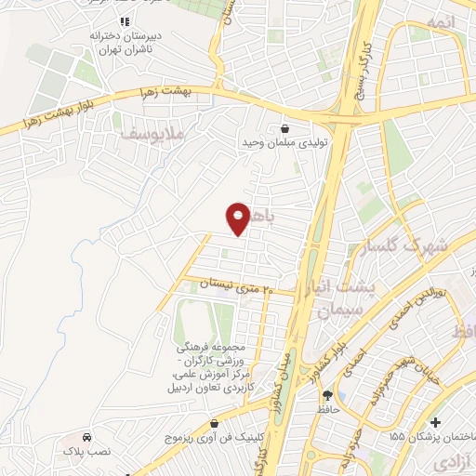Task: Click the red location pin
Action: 239,218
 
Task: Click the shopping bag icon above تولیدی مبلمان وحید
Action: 284,129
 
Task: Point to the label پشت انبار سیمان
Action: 346,300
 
